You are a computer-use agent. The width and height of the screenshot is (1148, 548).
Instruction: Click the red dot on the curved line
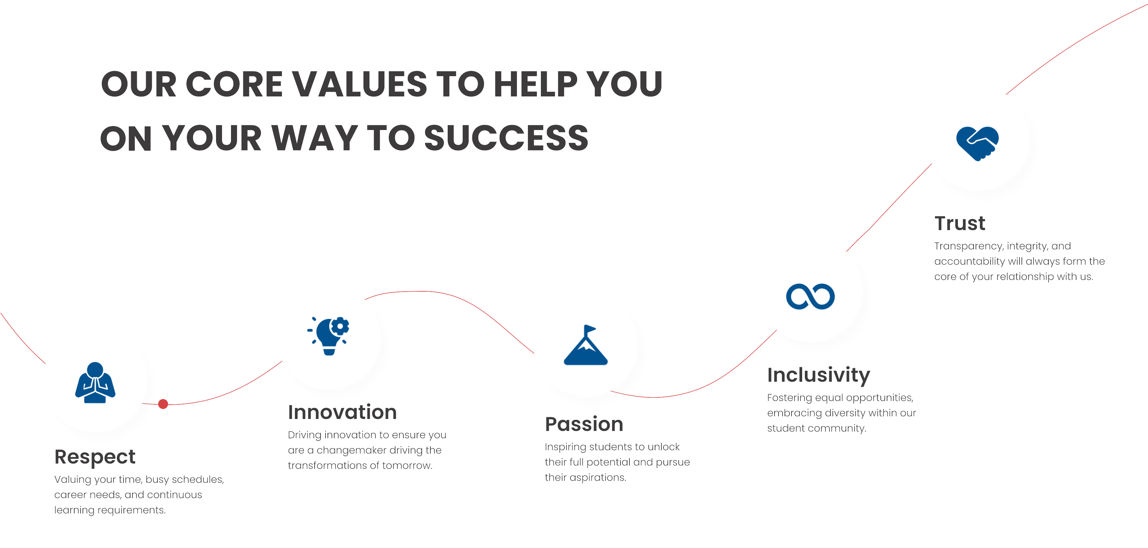point(163,404)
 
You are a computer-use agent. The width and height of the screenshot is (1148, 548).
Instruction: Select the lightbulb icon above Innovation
point(329,336)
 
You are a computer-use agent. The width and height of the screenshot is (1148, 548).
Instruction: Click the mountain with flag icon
point(585,345)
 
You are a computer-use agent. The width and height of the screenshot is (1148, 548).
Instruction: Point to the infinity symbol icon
point(810,297)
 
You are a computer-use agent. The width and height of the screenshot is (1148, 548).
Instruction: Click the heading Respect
point(95,457)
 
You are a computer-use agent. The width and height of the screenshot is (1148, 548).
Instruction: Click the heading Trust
point(960,223)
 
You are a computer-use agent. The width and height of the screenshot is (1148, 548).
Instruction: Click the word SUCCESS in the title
point(506,138)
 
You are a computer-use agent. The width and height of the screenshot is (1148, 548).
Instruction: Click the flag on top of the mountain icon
point(589,330)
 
